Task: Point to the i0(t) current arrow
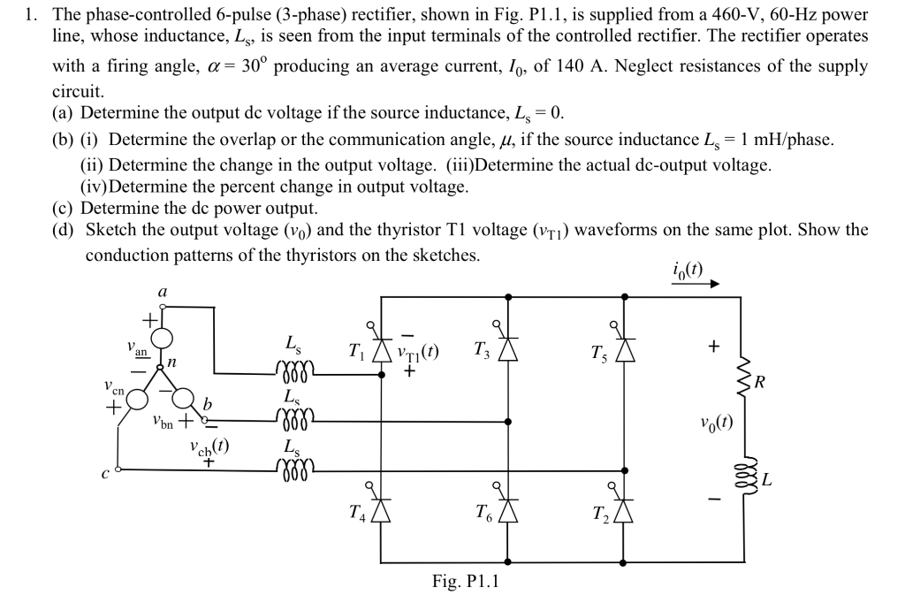tap(696, 285)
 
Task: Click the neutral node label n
tap(173, 360)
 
